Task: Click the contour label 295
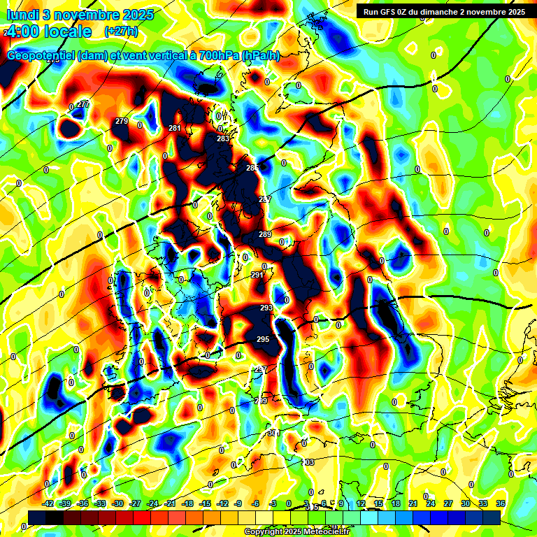coord(262,339)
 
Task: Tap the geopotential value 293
coord(266,308)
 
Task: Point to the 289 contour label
coord(265,234)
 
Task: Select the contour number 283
coord(223,139)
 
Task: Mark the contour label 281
coord(175,128)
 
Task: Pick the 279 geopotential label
coord(122,122)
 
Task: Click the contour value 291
coord(257,275)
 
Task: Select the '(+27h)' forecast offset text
coord(121,31)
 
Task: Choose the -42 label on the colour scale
coord(48,503)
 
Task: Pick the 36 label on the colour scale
coord(501,503)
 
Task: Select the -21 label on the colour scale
coord(170,503)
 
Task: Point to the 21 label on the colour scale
coord(413,503)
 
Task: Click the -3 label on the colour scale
coord(273,503)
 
